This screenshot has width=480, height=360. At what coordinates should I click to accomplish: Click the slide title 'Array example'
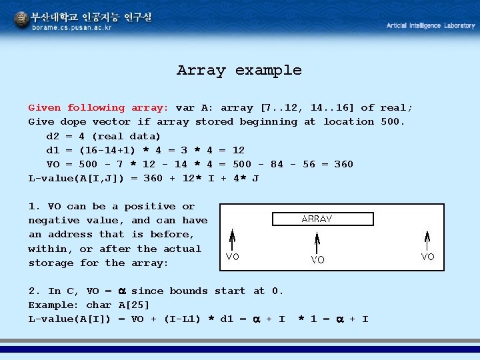239,70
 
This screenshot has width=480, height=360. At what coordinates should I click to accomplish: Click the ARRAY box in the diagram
317,219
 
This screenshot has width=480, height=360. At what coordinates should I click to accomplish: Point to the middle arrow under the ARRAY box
317,241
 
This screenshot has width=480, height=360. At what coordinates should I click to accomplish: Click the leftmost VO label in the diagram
232,257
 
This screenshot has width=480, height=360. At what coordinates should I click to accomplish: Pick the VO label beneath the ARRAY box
317,260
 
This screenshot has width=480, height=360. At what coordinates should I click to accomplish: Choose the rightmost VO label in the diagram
427,257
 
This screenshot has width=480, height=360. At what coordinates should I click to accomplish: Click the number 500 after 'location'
391,122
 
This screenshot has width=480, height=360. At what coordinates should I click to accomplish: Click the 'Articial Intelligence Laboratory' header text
431,25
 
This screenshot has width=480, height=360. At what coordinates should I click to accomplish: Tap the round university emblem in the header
21,21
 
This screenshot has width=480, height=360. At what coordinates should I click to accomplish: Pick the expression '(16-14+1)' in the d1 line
110,150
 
